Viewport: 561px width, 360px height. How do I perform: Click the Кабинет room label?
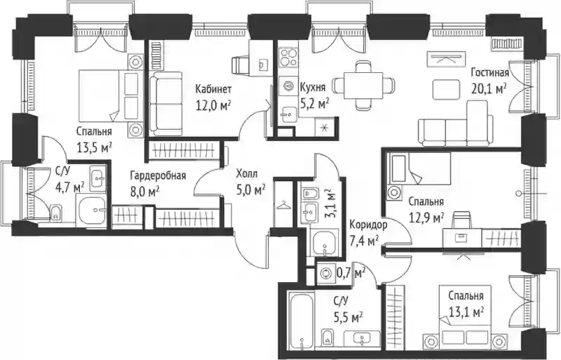point(213,89)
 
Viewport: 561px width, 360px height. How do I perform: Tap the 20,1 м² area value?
point(489,88)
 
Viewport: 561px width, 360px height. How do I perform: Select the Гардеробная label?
point(158,176)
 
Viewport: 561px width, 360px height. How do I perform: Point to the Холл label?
point(247,174)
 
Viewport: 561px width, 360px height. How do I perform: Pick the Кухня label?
point(313,88)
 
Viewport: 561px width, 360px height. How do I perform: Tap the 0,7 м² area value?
point(351,274)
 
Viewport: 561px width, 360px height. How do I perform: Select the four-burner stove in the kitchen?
point(288,58)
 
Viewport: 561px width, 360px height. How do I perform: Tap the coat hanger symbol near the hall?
point(284,205)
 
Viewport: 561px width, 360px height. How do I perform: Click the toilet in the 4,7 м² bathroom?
point(55,213)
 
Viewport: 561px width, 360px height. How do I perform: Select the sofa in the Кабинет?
point(165,103)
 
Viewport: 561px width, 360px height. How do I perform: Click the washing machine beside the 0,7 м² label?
point(326,274)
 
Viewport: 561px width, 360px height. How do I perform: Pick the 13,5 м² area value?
point(95,147)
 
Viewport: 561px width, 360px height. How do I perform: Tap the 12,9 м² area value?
point(426,218)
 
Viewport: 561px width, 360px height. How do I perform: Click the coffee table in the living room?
point(445,89)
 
